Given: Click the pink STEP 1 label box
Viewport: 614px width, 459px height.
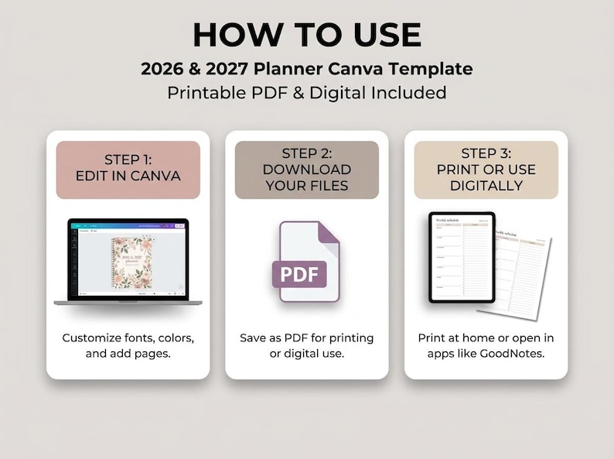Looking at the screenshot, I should (x=128, y=170).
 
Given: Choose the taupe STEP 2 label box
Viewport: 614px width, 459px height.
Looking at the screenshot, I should (x=307, y=170).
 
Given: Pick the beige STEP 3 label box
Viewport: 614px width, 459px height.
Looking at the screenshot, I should (x=486, y=170).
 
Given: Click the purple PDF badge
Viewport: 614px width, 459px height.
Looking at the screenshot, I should (x=298, y=275).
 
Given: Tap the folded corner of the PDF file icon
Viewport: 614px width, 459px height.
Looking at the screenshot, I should (x=329, y=235).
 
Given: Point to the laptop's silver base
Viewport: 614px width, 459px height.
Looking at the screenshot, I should (x=128, y=302).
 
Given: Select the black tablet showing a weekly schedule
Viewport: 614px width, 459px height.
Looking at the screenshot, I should (x=462, y=257).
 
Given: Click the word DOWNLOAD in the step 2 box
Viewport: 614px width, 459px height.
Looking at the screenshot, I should (x=307, y=170).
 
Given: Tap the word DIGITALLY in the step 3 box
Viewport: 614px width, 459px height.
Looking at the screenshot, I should (x=486, y=186).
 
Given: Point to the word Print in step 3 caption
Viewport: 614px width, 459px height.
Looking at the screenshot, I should (x=433, y=338).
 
